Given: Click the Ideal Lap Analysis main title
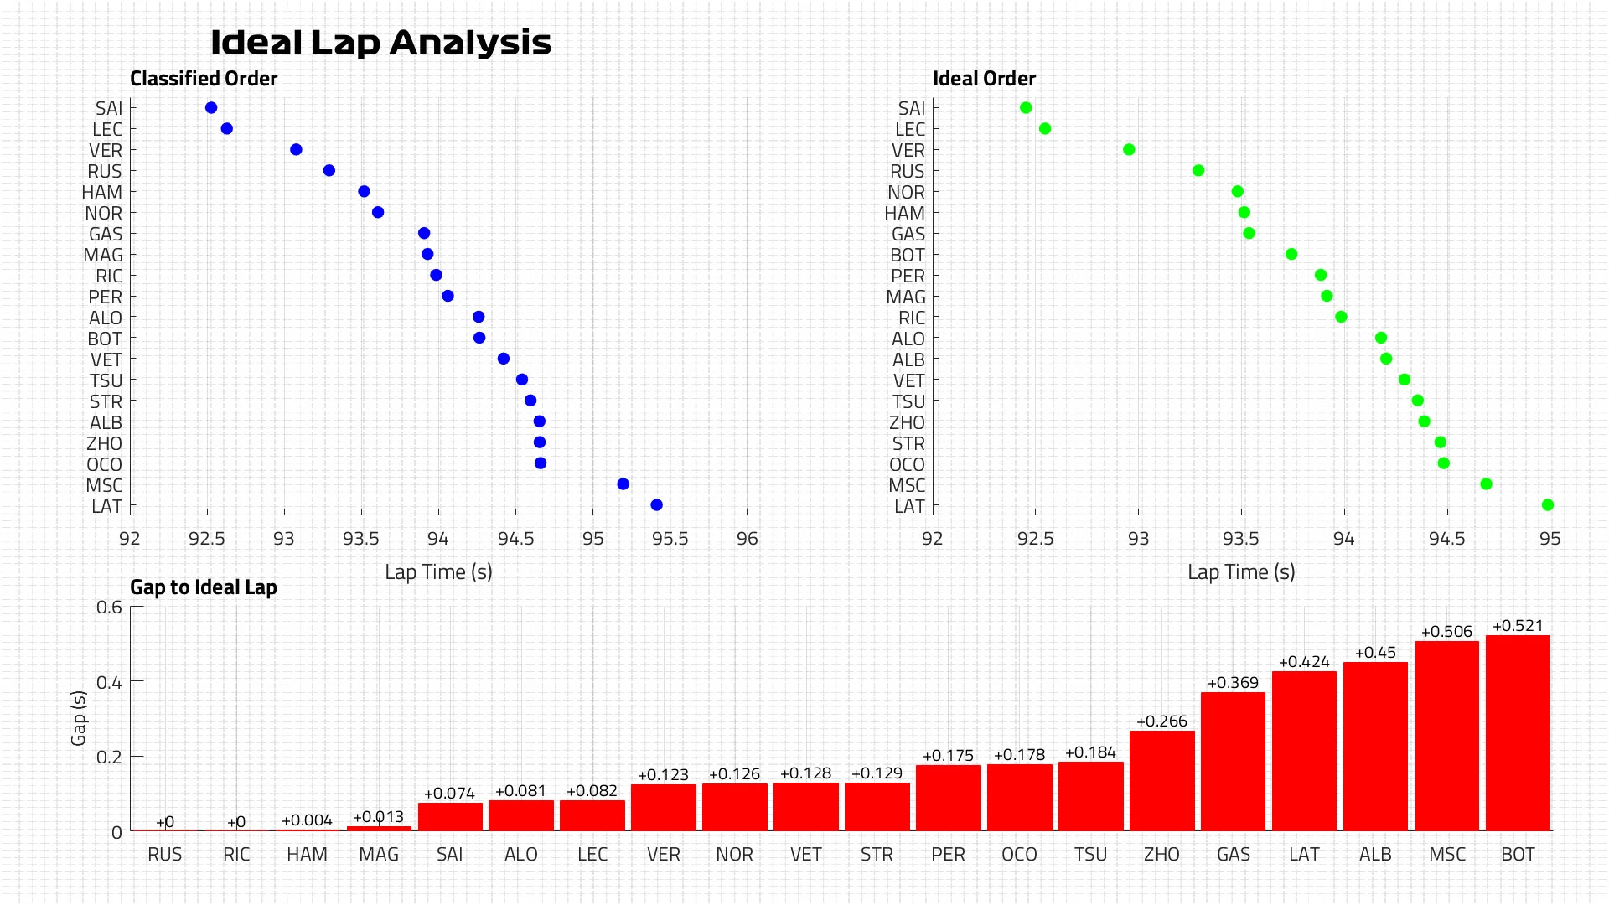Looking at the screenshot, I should (x=380, y=43).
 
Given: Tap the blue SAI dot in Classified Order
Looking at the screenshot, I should (x=211, y=108).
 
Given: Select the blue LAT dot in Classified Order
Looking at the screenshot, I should (x=656, y=505).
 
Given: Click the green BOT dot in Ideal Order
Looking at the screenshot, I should (x=1291, y=254).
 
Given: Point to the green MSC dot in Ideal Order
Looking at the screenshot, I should (x=1486, y=484).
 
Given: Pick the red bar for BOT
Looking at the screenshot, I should (x=1518, y=733).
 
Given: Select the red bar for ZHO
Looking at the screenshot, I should (x=1161, y=781).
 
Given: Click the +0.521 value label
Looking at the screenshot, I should (x=1518, y=626).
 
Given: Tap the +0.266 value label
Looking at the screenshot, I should (x=1161, y=721).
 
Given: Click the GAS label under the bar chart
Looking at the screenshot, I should (x=1233, y=855).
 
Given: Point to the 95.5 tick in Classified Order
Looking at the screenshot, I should (x=670, y=539).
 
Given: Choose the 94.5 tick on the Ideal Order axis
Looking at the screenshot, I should (x=1446, y=539).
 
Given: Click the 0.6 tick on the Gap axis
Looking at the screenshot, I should (x=109, y=607).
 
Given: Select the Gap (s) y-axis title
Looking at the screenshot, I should (x=79, y=718).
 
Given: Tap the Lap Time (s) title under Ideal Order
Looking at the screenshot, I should (x=1241, y=572).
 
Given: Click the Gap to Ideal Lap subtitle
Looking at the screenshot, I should (x=204, y=587).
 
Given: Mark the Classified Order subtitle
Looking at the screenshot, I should (x=204, y=79).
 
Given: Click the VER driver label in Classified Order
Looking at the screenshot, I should (x=106, y=151).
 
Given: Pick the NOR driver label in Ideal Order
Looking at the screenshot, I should (x=906, y=193).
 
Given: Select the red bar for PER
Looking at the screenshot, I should (x=948, y=798).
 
